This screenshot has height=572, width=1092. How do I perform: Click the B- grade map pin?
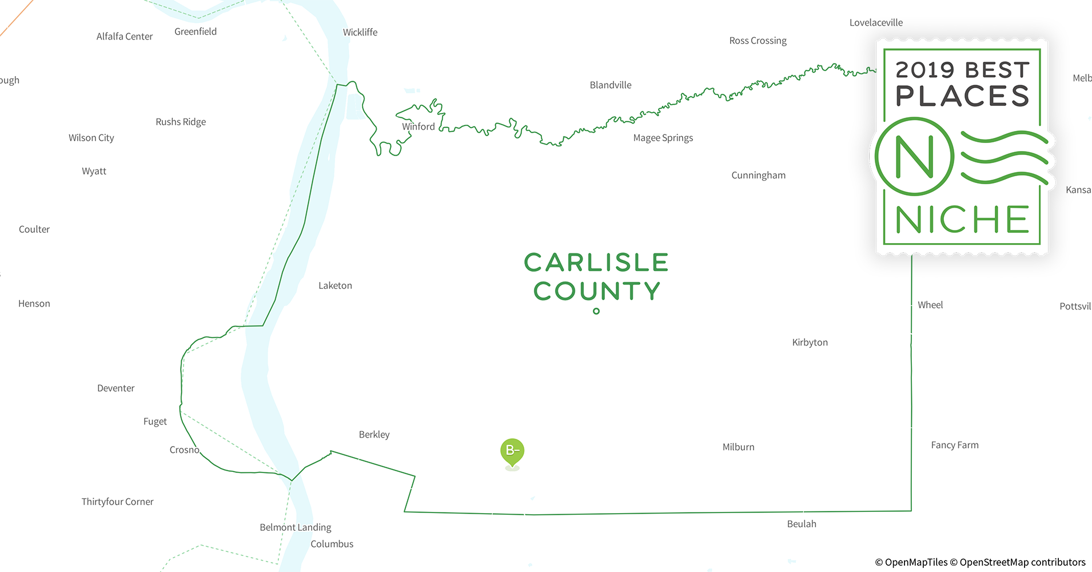pyautogui.click(x=512, y=451)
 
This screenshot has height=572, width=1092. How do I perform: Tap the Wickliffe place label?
pyautogui.click(x=360, y=33)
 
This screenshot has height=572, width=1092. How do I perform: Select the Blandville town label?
pyautogui.click(x=611, y=85)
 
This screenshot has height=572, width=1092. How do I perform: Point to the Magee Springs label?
pyautogui.click(x=663, y=138)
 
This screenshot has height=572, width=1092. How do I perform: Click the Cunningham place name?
pyautogui.click(x=758, y=176)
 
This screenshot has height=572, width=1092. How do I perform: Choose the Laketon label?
pyautogui.click(x=335, y=285)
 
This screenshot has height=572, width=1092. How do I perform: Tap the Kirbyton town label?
pyautogui.click(x=810, y=343)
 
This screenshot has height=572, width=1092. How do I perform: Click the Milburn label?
pyautogui.click(x=738, y=447)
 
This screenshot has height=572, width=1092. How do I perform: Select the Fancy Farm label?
pyautogui.click(x=954, y=445)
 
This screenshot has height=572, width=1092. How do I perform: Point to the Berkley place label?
pyautogui.click(x=374, y=435)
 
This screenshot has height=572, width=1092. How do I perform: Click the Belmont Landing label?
pyautogui.click(x=295, y=527)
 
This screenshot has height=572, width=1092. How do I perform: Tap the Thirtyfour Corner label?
pyautogui.click(x=117, y=502)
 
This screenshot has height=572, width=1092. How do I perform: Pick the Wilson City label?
pyautogui.click(x=91, y=138)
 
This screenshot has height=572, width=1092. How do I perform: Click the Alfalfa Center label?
pyautogui.click(x=124, y=37)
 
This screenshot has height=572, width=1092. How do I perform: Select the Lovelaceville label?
pyautogui.click(x=876, y=23)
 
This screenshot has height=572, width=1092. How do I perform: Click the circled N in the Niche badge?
pyautogui.click(x=914, y=156)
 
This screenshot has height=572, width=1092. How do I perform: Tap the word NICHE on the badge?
pyautogui.click(x=962, y=220)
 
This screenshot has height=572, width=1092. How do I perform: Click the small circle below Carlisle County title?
pyautogui.click(x=596, y=311)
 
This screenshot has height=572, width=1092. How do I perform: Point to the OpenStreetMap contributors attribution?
pyautogui.click(x=1022, y=562)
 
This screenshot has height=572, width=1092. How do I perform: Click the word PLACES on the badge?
pyautogui.click(x=962, y=96)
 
